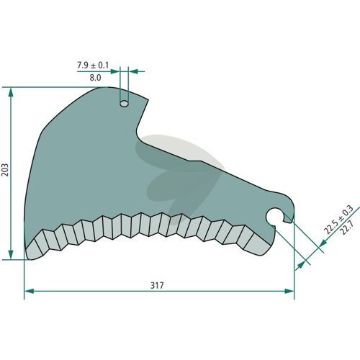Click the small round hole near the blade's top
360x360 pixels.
tap(124, 104)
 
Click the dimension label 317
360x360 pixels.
tap(157, 285)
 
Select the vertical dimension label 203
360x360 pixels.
tap(5, 170)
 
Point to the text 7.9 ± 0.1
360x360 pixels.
tap(93, 65)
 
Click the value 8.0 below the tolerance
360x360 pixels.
tap(95, 78)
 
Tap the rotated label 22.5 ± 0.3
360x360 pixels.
tap(338, 220)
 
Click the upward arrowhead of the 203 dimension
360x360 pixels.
tap(11, 92)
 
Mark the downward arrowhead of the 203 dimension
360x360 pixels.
tap(11, 255)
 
